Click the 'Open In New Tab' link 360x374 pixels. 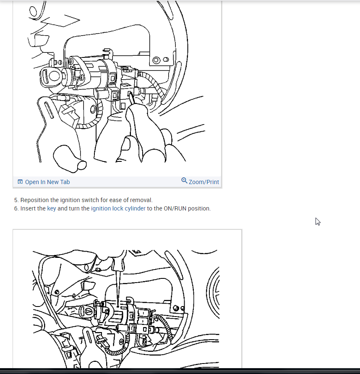(x=47, y=182)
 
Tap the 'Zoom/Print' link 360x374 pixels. (x=203, y=182)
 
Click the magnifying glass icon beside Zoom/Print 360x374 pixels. (x=184, y=181)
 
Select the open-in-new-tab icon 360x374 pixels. (x=20, y=182)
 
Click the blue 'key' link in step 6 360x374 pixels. (x=52, y=208)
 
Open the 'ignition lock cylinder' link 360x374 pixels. (x=118, y=208)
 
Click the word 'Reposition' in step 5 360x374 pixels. (x=34, y=200)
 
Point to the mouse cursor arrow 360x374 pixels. (x=318, y=221)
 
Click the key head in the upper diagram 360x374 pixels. (x=50, y=76)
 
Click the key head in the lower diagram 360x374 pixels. (x=87, y=311)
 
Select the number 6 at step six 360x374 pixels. (x=16, y=208)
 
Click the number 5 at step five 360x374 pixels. (x=16, y=200)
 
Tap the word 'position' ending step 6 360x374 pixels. (x=199, y=208)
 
